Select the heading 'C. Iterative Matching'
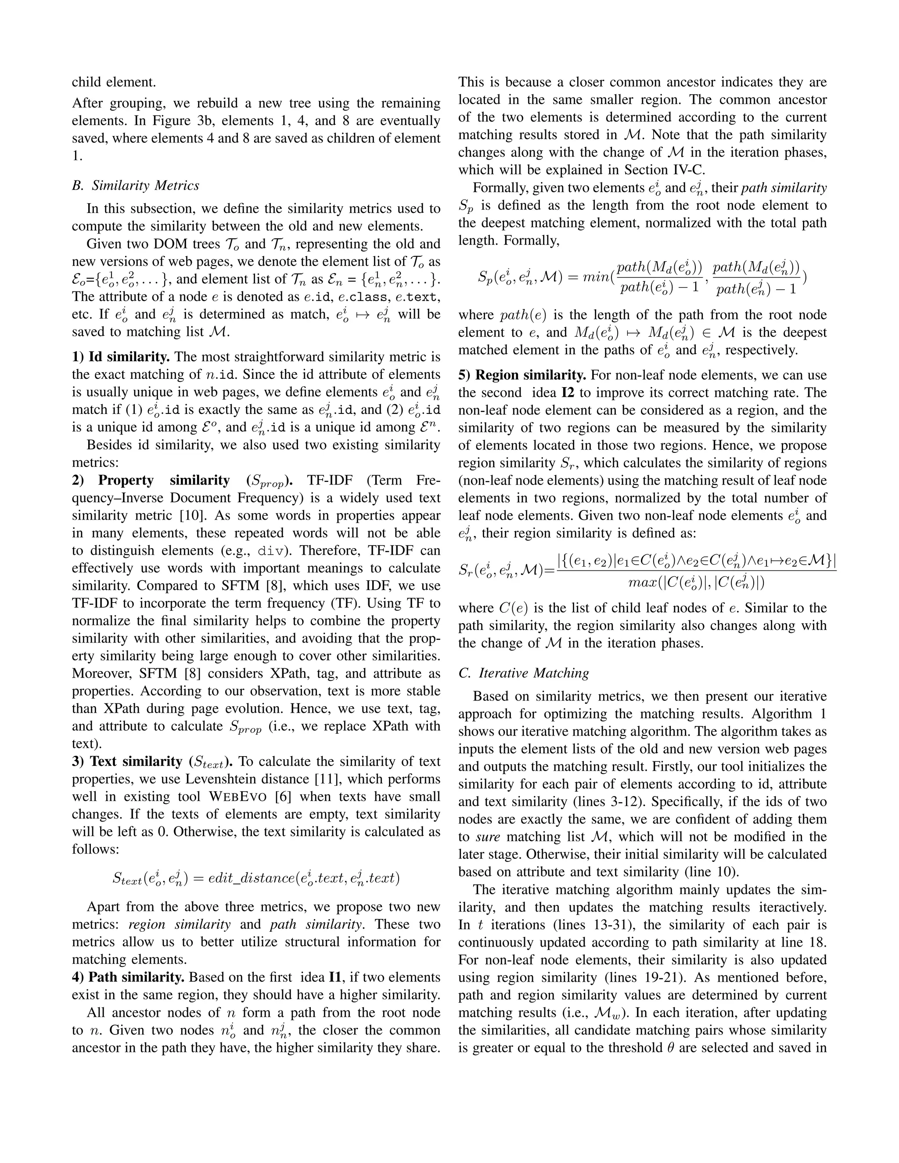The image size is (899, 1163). click(x=524, y=673)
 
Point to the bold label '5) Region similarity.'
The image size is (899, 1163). click(x=522, y=375)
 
